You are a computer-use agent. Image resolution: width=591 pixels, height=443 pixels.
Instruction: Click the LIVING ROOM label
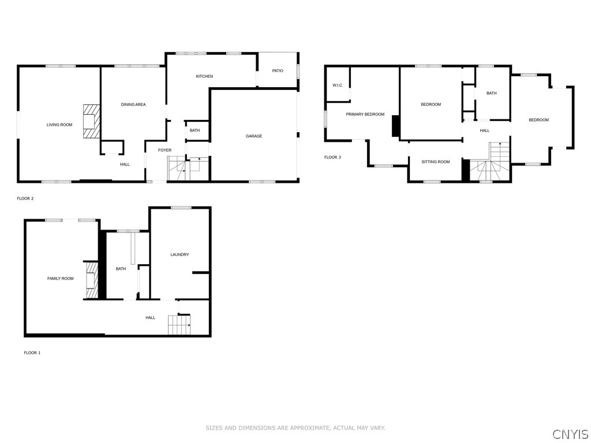coord(59,125)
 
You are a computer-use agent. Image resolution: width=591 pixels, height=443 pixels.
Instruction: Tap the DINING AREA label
coord(133,104)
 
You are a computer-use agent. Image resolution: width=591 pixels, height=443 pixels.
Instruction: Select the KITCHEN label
coord(204,76)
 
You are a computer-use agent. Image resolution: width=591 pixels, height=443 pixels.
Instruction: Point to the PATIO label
coord(278,70)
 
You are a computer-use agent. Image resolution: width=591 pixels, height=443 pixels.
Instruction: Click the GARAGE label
coord(254,136)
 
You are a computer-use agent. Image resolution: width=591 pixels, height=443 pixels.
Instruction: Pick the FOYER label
coord(165,150)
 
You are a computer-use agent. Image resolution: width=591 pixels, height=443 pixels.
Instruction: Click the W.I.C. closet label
coord(338,85)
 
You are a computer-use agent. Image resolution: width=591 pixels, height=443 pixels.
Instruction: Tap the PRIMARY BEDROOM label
coord(365,114)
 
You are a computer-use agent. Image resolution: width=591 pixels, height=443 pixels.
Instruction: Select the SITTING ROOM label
coord(435,162)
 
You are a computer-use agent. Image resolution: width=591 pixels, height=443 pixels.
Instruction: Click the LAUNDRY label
coord(179,254)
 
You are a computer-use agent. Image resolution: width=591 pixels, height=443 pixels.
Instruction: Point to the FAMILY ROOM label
coord(61,279)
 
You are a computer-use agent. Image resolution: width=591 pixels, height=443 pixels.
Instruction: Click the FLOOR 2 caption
coord(25,198)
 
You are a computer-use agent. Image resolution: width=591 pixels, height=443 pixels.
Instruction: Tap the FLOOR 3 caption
coord(332,157)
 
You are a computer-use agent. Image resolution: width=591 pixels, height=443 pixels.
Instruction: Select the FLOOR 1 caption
coord(32,352)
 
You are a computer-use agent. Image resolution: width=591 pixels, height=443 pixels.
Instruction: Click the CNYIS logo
coord(570,434)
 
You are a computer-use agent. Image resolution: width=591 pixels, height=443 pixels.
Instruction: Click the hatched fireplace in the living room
coord(91,121)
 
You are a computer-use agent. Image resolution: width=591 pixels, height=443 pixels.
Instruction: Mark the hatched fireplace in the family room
coord(91,280)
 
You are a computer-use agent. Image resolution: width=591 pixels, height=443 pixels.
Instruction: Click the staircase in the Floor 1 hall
coord(179,325)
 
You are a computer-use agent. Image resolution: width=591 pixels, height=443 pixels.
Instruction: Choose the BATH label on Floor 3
coord(491,93)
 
